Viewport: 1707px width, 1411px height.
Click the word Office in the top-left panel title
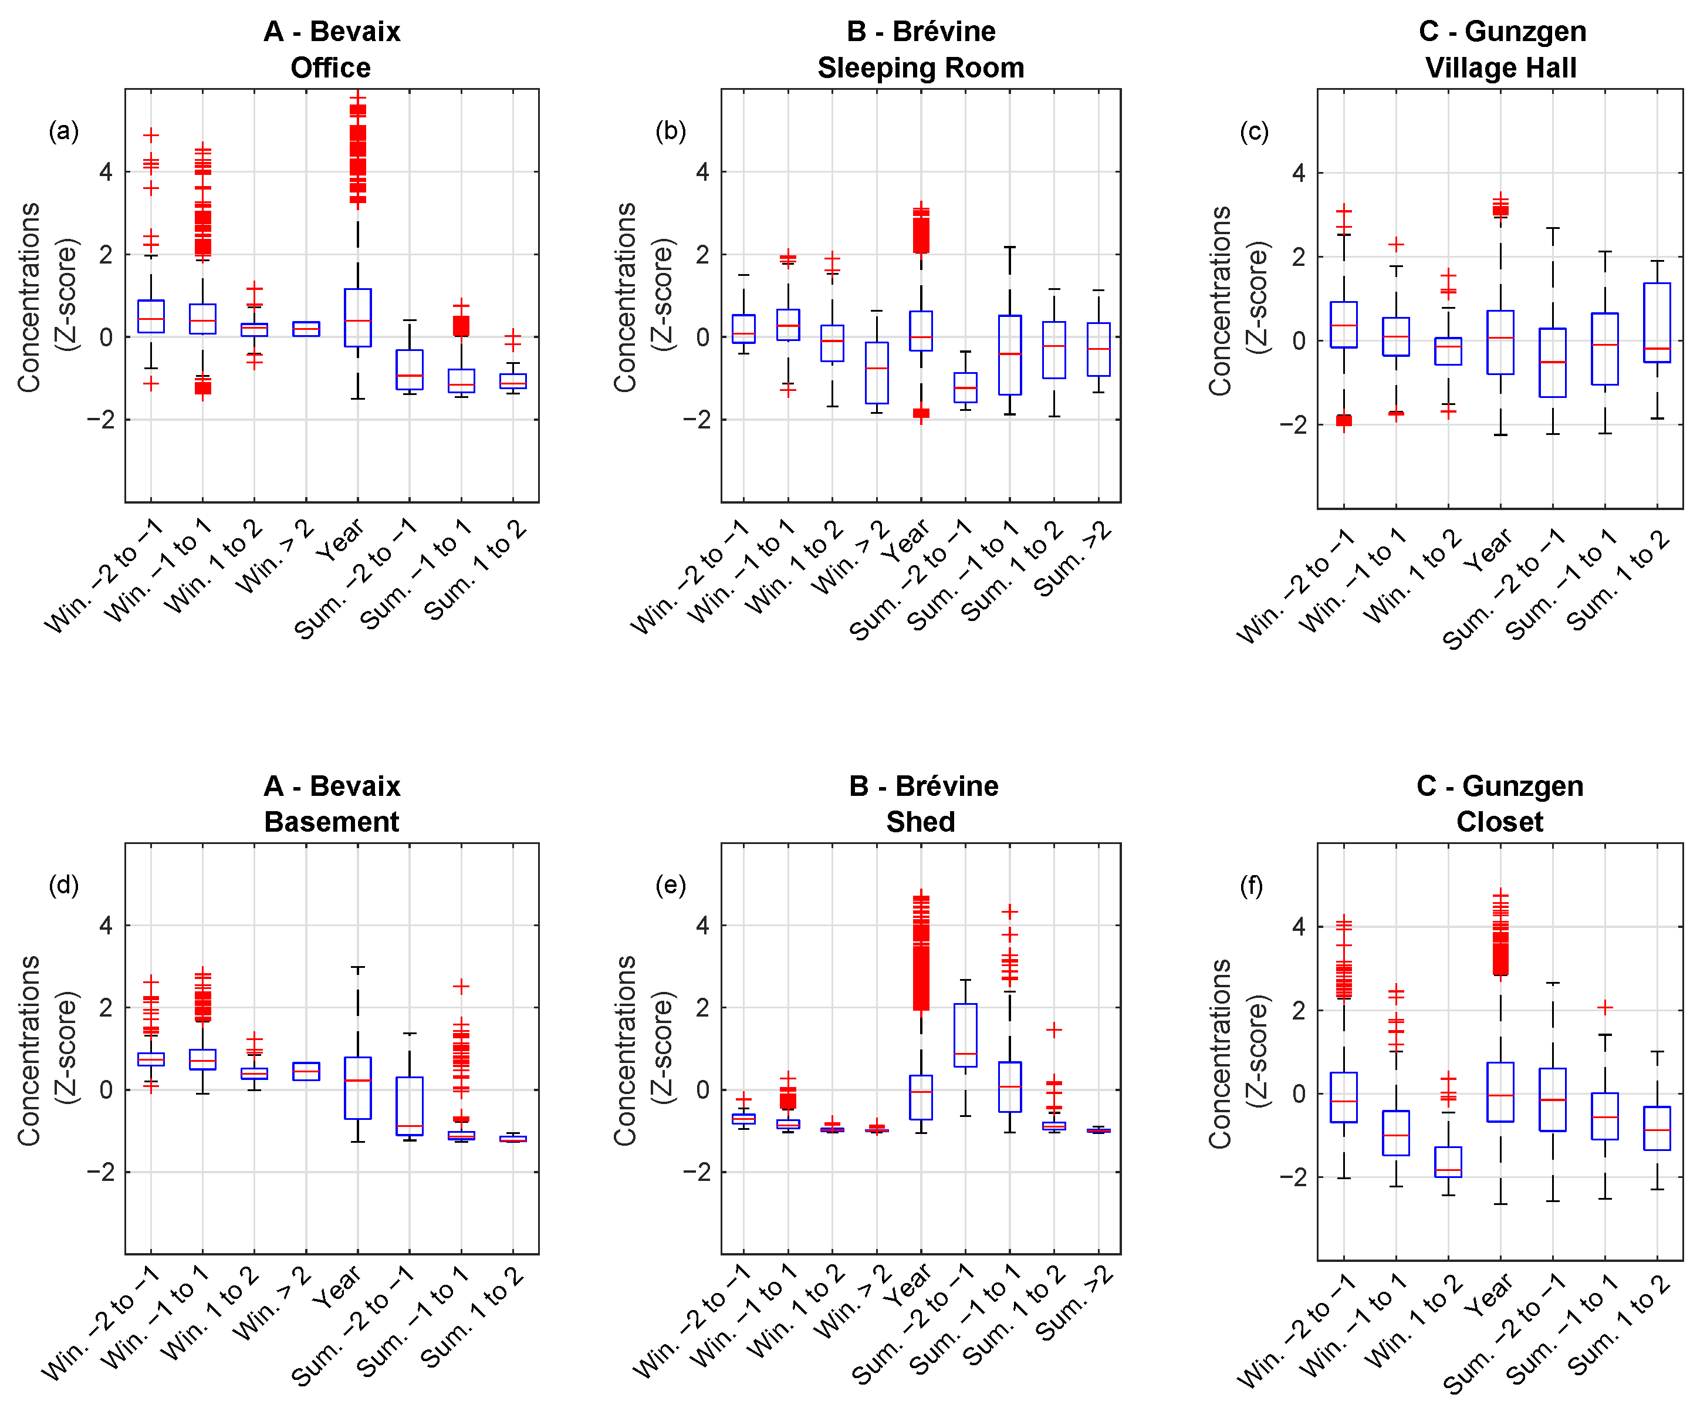(331, 67)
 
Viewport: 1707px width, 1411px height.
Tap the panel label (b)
(670, 131)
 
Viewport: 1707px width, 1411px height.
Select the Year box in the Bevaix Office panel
(357, 317)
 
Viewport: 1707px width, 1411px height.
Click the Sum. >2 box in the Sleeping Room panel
(1098, 349)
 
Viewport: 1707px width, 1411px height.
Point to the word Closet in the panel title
(1499, 822)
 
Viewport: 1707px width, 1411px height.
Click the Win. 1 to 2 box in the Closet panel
(1448, 1162)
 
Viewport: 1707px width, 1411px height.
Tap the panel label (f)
(1251, 886)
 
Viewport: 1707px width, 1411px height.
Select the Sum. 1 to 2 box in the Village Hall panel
(1657, 323)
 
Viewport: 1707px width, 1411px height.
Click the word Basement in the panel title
(332, 822)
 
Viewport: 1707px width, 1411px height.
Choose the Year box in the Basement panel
(357, 1088)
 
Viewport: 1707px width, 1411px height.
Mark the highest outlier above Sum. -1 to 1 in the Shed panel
(1010, 912)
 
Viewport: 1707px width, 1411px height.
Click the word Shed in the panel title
(921, 822)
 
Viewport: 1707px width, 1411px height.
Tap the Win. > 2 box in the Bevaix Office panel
(306, 328)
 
